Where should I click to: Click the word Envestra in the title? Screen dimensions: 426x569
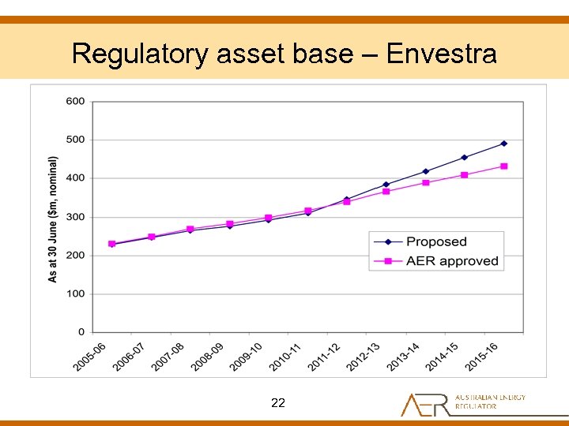(442, 54)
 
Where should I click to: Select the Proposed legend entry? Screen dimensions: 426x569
(436, 241)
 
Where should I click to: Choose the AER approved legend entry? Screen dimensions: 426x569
(452, 261)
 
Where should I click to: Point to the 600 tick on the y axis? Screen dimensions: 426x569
(76, 102)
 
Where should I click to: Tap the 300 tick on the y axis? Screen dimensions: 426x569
(76, 217)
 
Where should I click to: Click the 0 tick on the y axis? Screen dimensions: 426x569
(81, 332)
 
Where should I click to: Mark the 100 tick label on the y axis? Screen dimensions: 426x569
(76, 293)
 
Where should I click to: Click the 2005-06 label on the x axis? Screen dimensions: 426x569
(90, 357)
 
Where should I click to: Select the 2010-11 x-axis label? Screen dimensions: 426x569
(285, 357)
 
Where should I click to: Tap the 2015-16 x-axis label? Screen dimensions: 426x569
(481, 357)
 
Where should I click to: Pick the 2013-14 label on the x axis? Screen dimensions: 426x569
(403, 357)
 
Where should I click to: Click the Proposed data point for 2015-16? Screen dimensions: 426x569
(503, 144)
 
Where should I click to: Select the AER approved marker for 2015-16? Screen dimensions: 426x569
(503, 166)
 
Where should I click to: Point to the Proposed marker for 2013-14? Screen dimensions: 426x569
(425, 171)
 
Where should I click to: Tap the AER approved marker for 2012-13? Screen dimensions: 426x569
(386, 192)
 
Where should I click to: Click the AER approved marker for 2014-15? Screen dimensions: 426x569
(465, 175)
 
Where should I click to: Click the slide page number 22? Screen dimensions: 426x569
(277, 403)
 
